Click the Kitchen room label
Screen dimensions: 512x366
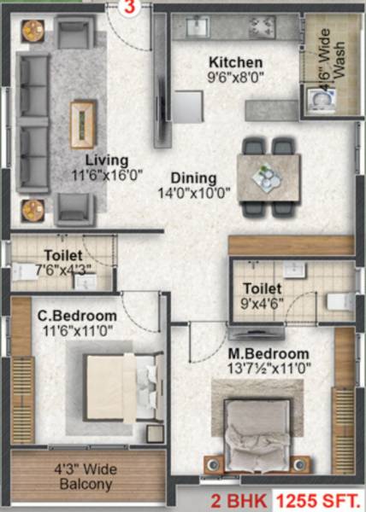[236, 62]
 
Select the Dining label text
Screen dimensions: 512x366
[193, 177]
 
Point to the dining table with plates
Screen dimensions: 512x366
[269, 176]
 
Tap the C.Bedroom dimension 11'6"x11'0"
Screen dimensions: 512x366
[75, 329]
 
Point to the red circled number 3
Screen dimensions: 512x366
[129, 7]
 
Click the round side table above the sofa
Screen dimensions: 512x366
[33, 31]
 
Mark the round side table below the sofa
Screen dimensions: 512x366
[33, 209]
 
